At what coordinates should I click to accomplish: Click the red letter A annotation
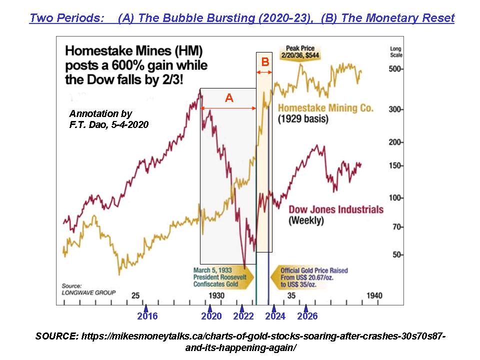pos(229,98)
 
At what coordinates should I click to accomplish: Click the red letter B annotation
pos(265,62)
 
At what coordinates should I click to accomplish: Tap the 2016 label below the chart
pos(147,316)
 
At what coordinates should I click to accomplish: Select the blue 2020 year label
pos(211,316)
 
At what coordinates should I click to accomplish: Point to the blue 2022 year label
pos(243,316)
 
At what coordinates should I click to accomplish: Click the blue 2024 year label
pos(275,316)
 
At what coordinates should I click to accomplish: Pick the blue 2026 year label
pos(307,316)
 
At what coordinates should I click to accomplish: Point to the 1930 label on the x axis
pos(217,296)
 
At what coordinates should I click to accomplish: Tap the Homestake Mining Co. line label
pos(325,108)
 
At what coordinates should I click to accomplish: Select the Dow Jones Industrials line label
pos(336,209)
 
